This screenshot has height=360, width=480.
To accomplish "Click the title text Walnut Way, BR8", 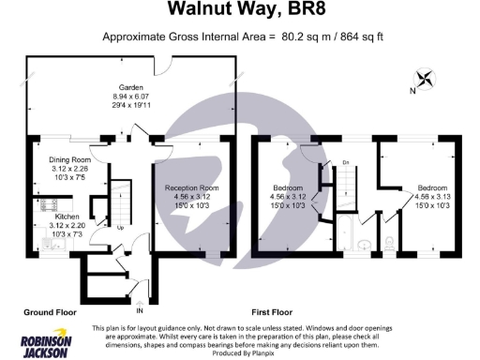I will (x=239, y=10).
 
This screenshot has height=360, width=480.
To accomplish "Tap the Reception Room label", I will (x=191, y=187).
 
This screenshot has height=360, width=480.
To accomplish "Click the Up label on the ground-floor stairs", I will (x=120, y=227).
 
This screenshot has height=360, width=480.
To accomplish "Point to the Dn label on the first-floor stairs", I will (x=345, y=163).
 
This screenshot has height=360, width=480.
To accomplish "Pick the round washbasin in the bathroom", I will (x=367, y=246).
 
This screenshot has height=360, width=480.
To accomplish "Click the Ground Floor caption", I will (x=48, y=310).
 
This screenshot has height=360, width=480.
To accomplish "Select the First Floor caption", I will (x=276, y=310).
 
